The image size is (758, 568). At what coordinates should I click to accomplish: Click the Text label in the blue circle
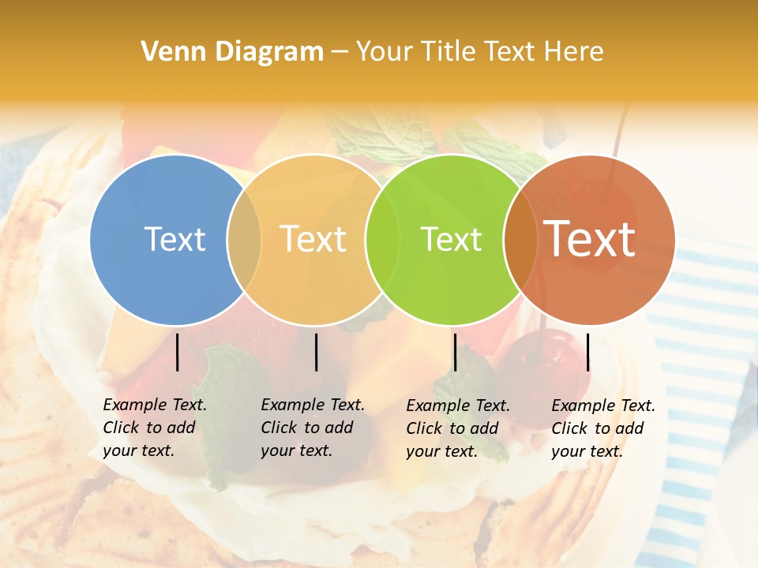[x=174, y=239]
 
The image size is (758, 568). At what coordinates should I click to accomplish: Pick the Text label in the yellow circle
[x=313, y=239]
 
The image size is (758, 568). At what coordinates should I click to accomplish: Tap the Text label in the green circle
[x=451, y=239]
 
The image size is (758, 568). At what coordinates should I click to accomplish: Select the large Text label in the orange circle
[x=590, y=239]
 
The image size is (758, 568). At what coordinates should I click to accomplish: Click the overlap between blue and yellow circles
[x=244, y=240]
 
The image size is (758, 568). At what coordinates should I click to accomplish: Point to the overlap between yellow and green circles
[x=382, y=240]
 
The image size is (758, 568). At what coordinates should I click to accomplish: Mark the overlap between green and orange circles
[x=520, y=240]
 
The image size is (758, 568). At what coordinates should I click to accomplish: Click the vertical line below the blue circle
[x=177, y=352]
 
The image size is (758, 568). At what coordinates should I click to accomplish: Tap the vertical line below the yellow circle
[x=316, y=352]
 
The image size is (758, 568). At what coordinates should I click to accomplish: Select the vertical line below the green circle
[x=455, y=352]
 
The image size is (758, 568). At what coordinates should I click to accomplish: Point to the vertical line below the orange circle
[x=587, y=352]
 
